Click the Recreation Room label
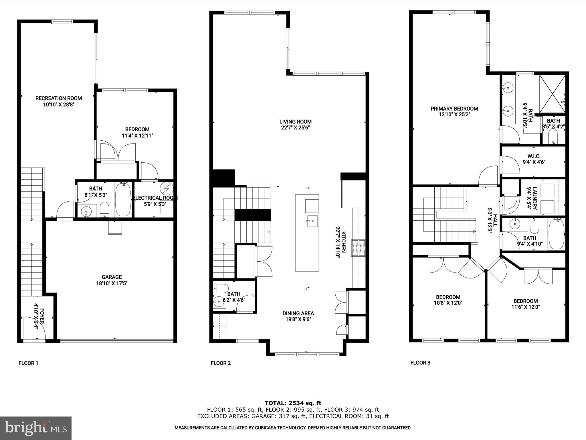point(59,98)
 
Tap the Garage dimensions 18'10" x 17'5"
point(112,283)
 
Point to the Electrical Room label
point(155,198)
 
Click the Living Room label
point(295,122)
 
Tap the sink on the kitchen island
point(312,221)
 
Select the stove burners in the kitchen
point(359,248)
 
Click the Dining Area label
point(298,313)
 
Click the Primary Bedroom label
point(454,109)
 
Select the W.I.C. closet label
point(534,156)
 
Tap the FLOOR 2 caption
point(221,363)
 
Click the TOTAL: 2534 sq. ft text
point(293,403)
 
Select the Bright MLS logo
point(36,428)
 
